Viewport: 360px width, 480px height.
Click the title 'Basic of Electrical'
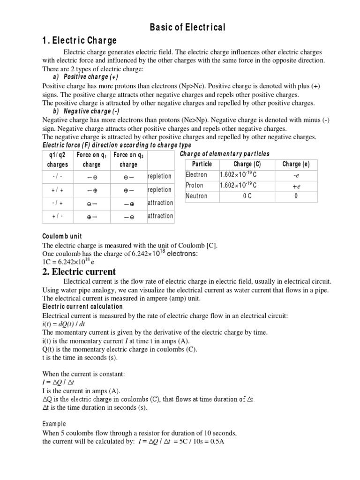coord(187,28)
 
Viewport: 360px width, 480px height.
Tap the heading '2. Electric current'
coord(79,272)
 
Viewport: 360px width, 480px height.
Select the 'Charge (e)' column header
coord(296,164)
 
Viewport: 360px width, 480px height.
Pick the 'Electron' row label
coord(196,175)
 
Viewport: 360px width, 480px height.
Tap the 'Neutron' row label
coord(196,196)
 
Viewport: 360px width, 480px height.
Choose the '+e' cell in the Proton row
coord(296,186)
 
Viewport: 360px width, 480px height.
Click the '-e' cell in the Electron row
coord(296,175)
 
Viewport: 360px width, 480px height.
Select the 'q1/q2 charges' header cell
coord(58,159)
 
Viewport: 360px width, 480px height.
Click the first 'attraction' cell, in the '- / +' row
coord(160,203)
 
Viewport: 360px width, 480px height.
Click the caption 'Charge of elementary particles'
coord(225,154)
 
